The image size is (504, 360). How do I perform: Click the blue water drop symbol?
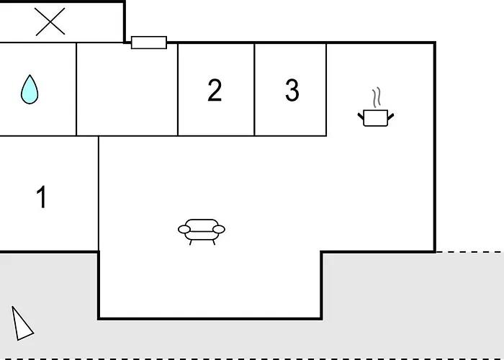coord(30,89)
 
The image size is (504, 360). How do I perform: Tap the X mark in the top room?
coord(50,22)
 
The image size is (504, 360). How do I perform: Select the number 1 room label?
coord(42,197)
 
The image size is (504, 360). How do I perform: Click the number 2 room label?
coord(215,90)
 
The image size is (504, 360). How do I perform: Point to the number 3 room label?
coord(292,90)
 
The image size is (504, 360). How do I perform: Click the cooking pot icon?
coord(376,107)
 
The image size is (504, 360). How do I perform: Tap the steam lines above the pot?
coord(377,97)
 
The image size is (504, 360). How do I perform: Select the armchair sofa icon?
coord(202,232)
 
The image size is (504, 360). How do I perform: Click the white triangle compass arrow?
coord(22,323)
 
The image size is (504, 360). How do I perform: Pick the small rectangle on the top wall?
coord(149,42)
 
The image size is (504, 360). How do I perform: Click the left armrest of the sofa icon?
coord(184,229)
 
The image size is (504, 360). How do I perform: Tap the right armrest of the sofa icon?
coord(219,229)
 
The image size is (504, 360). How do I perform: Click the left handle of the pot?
coord(361,117)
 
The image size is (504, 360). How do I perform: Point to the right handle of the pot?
coord(391,117)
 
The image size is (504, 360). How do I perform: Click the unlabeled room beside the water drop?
coord(127,89)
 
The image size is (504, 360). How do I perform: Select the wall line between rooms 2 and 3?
coord(254,89)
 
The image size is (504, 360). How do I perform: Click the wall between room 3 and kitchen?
coord(326,89)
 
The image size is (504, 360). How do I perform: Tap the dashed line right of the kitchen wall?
coord(470,252)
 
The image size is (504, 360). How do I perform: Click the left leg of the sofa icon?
coord(191,243)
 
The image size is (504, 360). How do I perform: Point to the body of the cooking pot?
coord(376,118)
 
